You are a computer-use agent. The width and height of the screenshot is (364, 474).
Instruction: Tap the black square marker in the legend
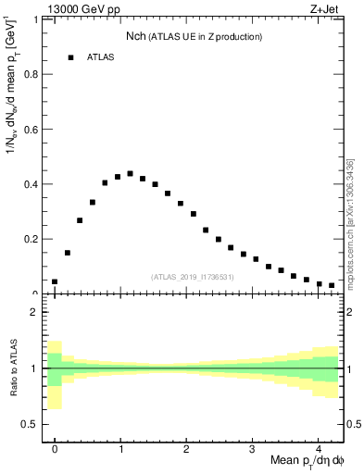click(70, 57)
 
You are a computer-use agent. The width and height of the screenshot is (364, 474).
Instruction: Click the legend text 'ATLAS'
click(101, 57)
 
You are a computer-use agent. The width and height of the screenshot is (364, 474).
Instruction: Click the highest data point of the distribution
click(130, 173)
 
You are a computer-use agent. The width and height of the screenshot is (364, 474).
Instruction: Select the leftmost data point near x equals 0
click(55, 281)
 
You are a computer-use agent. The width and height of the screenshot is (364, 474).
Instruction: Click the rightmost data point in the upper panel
click(332, 286)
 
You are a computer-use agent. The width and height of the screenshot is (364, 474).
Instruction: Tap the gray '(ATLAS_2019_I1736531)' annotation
click(193, 277)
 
